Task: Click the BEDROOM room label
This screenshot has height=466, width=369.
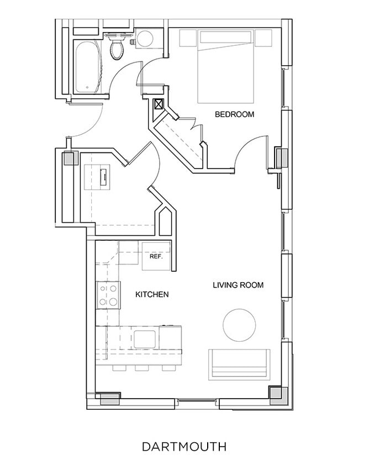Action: click(234, 115)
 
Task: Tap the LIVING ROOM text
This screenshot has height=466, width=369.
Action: click(238, 285)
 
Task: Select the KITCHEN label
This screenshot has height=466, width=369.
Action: click(152, 295)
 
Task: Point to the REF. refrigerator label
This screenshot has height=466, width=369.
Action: click(155, 257)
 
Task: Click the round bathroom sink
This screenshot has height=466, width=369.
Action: click(145, 39)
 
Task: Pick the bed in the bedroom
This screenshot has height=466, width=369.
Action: click(226, 66)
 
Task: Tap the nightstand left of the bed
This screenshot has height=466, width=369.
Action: click(188, 38)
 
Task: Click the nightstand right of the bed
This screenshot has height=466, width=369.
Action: click(263, 38)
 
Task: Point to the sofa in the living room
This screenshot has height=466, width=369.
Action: click(239, 364)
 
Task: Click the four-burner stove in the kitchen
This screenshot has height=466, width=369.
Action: click(108, 295)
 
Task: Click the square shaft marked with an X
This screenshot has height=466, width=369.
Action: click(159, 104)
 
